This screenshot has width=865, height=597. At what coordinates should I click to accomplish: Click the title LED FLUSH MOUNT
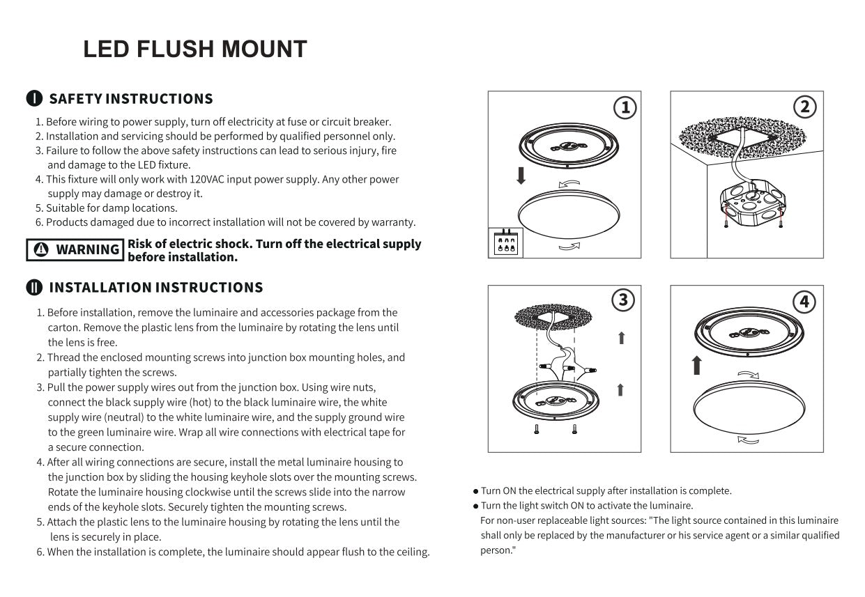pyautogui.click(x=194, y=49)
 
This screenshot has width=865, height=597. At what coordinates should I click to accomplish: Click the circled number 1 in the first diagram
pyautogui.click(x=625, y=107)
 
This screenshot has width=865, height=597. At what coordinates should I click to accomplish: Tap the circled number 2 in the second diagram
pyautogui.click(x=805, y=107)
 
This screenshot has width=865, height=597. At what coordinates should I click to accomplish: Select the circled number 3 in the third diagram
pyautogui.click(x=622, y=300)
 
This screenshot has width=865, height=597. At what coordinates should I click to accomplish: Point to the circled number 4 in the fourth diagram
pyautogui.click(x=804, y=302)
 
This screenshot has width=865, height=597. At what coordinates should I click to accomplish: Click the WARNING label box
pyautogui.click(x=75, y=249)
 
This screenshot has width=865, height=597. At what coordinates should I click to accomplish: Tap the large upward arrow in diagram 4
pyautogui.click(x=696, y=365)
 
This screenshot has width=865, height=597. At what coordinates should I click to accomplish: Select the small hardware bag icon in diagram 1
pyautogui.click(x=505, y=242)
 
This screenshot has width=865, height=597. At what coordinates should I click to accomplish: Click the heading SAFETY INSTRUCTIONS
pyautogui.click(x=131, y=99)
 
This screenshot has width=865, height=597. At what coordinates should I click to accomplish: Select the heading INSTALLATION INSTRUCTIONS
pyautogui.click(x=155, y=288)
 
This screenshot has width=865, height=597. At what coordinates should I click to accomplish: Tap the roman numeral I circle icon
pyautogui.click(x=34, y=99)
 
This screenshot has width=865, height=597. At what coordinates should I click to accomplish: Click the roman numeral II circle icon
pyautogui.click(x=34, y=288)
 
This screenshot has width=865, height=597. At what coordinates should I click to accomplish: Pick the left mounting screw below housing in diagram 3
pyautogui.click(x=536, y=430)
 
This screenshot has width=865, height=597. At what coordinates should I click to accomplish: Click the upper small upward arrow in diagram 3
pyautogui.click(x=621, y=338)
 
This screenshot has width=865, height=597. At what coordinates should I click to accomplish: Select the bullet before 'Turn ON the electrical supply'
pyautogui.click(x=475, y=491)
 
